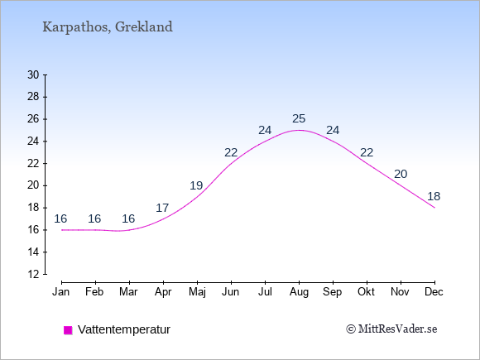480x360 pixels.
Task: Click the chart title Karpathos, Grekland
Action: (x=108, y=27)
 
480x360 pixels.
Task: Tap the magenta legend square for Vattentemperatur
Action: (x=68, y=330)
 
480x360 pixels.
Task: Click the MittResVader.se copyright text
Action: (x=391, y=329)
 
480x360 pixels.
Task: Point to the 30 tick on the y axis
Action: (x=33, y=74)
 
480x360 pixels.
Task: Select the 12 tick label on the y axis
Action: (x=33, y=274)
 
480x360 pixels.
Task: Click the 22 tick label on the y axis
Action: (x=33, y=164)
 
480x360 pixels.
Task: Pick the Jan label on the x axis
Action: (x=61, y=292)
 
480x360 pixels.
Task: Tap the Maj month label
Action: (x=197, y=292)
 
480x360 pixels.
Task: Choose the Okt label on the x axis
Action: (x=366, y=292)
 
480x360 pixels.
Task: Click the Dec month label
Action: (x=434, y=292)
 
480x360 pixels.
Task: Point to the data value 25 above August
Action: (x=299, y=118)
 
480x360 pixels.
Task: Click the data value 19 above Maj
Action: (x=196, y=185)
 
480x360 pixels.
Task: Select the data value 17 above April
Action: (x=162, y=209)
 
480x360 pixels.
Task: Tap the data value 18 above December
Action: (x=434, y=196)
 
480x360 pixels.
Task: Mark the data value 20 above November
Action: (x=401, y=174)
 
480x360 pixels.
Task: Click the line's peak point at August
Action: (x=299, y=130)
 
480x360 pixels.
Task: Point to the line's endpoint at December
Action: (x=434, y=208)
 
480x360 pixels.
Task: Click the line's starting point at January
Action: (x=62, y=230)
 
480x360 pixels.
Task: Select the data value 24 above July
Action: (x=265, y=131)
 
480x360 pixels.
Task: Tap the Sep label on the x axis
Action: (x=333, y=292)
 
